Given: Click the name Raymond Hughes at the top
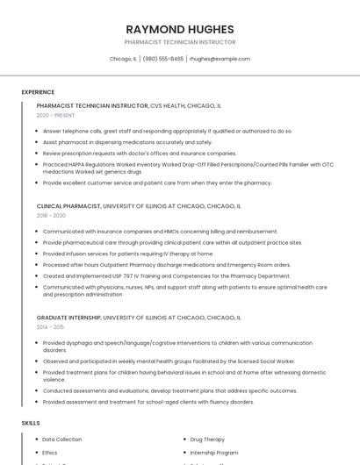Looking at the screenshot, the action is [x=180, y=28].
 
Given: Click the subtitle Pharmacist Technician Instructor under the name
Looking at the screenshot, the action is [x=180, y=41].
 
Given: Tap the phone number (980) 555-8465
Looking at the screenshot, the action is [x=163, y=59].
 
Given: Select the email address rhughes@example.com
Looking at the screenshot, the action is [x=220, y=59].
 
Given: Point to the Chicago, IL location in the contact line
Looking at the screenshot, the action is [x=123, y=59].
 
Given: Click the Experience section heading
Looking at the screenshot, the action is [x=38, y=92].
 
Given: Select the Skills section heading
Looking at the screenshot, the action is [x=31, y=423].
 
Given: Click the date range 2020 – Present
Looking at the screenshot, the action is [x=55, y=115].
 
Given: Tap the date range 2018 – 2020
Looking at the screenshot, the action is [x=51, y=215].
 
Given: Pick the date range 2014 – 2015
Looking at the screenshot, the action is [x=50, y=326].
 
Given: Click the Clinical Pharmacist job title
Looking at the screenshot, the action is [x=68, y=206].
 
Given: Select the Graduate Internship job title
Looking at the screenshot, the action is [x=68, y=318].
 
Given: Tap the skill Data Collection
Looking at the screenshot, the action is [x=61, y=439].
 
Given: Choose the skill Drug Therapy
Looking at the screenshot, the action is [x=207, y=439].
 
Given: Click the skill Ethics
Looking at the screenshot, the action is [x=50, y=453].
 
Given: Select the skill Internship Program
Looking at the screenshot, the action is [x=214, y=453].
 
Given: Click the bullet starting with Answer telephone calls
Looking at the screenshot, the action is [x=167, y=131].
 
